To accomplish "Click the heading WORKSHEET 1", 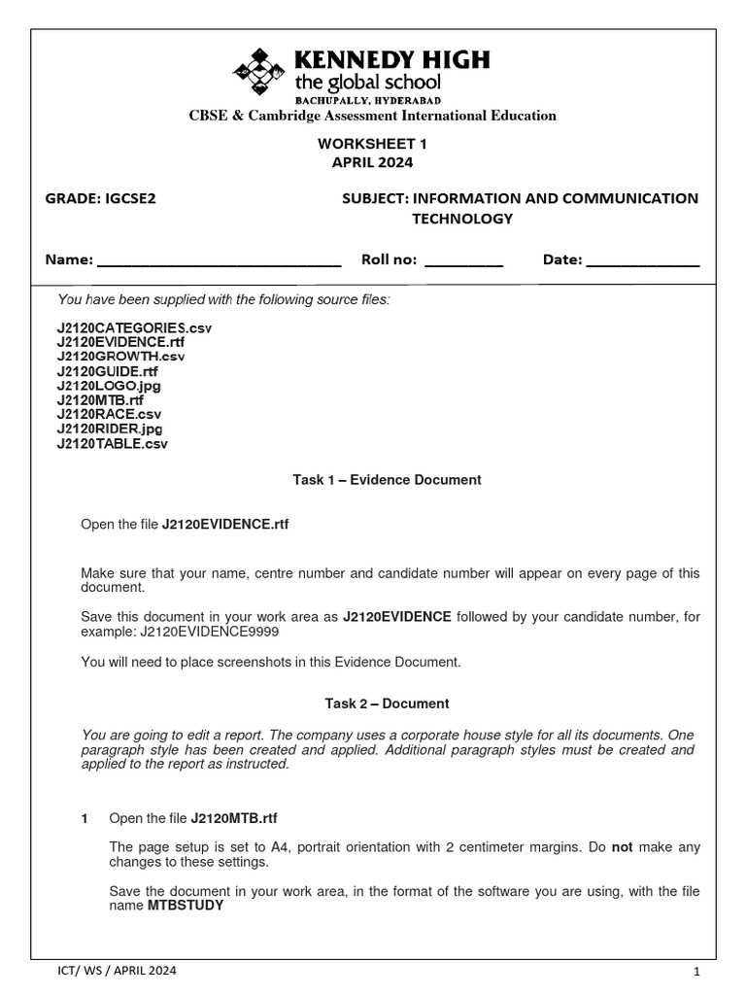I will [x=373, y=143].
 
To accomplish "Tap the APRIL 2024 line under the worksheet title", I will [x=373, y=162].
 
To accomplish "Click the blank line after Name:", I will [x=220, y=261].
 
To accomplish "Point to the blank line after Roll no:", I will [x=463, y=261].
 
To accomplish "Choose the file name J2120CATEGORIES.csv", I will [x=134, y=328].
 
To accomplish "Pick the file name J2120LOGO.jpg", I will [x=109, y=386].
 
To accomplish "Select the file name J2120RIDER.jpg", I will [x=110, y=429].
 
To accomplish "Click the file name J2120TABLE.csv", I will [x=113, y=443].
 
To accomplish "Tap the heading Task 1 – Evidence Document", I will [x=387, y=480].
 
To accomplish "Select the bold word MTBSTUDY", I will [x=186, y=906].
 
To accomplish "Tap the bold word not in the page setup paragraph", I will [x=623, y=847].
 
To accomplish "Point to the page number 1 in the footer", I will [x=696, y=971].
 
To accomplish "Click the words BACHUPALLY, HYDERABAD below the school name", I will [x=368, y=100].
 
